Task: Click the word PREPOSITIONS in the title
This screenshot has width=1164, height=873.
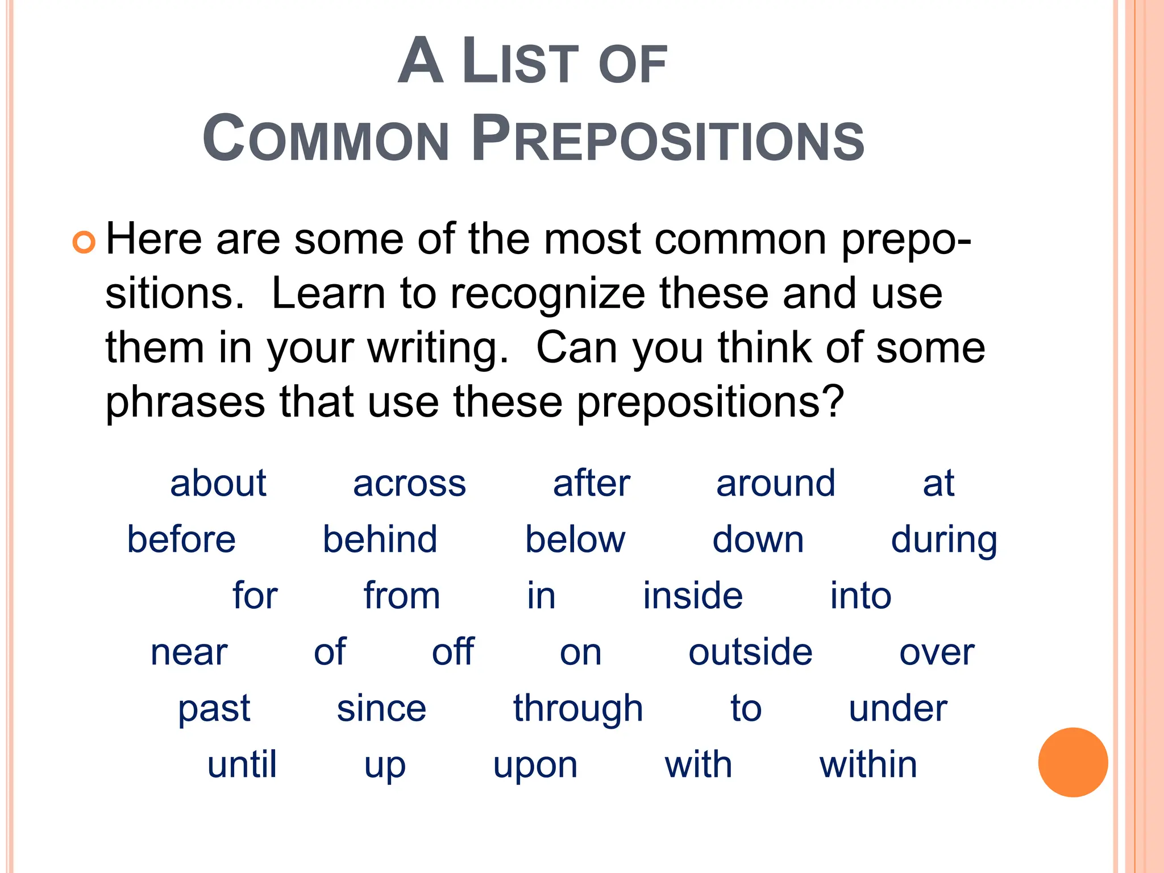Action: (x=668, y=139)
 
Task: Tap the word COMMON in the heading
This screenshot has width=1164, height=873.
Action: (x=326, y=139)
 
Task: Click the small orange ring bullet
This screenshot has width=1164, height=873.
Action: (x=84, y=243)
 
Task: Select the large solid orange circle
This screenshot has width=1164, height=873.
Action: (x=1072, y=762)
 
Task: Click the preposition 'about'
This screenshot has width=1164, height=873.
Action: (x=218, y=484)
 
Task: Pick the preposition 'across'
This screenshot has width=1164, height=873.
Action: (x=409, y=484)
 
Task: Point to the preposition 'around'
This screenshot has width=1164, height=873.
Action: (x=775, y=484)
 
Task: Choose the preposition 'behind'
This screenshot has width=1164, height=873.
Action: (x=380, y=539)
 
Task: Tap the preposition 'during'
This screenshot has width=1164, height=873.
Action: (x=943, y=541)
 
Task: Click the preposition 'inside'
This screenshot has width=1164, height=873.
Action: (x=693, y=596)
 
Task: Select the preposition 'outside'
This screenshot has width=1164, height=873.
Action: (x=750, y=652)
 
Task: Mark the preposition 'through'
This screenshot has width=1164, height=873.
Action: (x=578, y=709)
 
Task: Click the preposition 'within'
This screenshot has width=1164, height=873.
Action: (x=868, y=764)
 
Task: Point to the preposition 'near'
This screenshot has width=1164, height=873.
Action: (x=189, y=652)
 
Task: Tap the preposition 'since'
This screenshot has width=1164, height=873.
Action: (x=381, y=708)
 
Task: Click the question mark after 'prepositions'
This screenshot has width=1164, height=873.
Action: (x=831, y=401)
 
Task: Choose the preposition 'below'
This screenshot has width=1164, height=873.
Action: (x=575, y=539)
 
